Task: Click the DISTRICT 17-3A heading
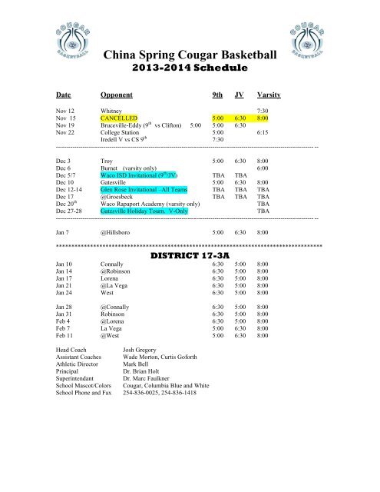point(189,254)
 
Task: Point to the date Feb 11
point(67,336)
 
